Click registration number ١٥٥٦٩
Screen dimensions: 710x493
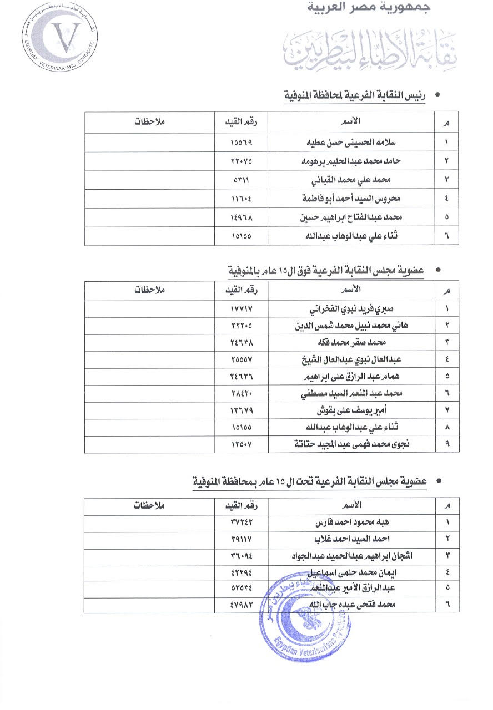tap(241, 142)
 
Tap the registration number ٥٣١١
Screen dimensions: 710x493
tap(241, 180)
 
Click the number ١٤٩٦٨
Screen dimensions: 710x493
tap(241, 217)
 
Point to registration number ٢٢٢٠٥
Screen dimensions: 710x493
tap(241, 326)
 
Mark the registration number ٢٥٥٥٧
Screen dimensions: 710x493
tap(241, 359)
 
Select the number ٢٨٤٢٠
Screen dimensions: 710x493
tap(241, 393)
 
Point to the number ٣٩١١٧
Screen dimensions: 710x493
tap(241, 539)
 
